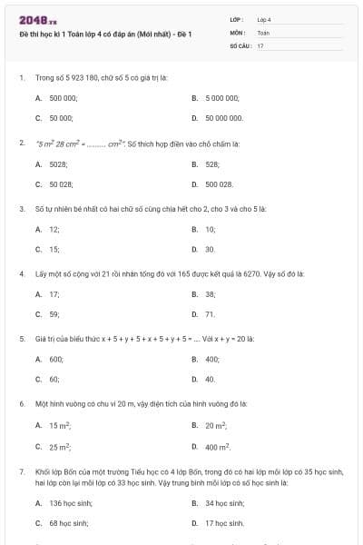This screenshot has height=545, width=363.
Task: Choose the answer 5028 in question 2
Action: (58, 164)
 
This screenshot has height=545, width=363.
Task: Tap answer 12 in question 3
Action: (54, 230)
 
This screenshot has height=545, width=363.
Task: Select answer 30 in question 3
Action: (210, 249)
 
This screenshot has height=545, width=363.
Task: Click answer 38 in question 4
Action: (210, 294)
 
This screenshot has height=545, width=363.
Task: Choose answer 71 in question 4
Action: (210, 314)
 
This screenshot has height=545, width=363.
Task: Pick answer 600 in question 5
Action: (55, 359)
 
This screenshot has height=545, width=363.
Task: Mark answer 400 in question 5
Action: (211, 359)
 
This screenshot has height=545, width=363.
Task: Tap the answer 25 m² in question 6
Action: (60, 447)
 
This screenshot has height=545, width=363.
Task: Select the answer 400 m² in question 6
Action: (218, 447)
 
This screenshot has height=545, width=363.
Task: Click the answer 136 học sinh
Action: (70, 503)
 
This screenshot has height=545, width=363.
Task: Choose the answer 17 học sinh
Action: (224, 523)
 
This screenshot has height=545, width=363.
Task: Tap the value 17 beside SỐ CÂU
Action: (260, 45)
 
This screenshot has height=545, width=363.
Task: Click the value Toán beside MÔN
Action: (263, 32)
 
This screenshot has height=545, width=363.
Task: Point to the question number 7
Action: (21, 472)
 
